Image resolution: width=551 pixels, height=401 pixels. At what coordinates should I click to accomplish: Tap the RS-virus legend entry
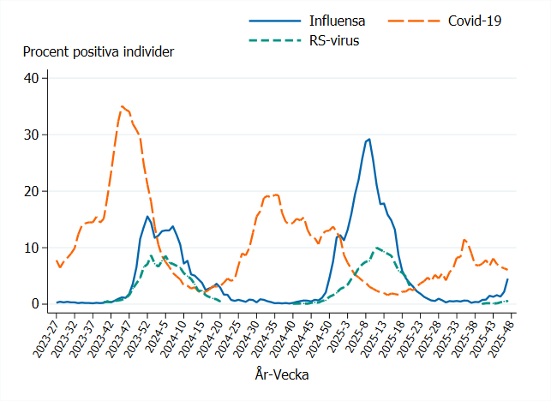(334, 40)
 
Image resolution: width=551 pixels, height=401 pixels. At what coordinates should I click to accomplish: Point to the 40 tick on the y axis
(32, 78)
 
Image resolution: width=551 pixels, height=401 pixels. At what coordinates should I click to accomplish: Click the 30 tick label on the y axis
(32, 135)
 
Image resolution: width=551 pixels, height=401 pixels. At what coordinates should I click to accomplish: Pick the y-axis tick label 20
(32, 191)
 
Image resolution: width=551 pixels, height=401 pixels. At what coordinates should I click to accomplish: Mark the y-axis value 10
(32, 248)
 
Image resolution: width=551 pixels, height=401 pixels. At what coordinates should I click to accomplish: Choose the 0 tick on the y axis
(35, 304)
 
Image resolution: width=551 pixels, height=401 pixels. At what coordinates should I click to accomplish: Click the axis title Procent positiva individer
(99, 52)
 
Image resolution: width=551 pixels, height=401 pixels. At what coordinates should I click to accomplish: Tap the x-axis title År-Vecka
(281, 374)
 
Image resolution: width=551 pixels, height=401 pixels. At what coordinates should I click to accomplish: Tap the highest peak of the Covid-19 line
(123, 106)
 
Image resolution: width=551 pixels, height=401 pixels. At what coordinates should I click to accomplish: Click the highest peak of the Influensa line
(368, 139)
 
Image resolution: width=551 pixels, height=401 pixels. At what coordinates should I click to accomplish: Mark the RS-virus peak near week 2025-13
(377, 248)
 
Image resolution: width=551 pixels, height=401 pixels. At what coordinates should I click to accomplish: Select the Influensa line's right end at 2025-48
(507, 279)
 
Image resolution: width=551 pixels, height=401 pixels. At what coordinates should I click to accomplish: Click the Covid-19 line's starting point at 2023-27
(57, 260)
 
